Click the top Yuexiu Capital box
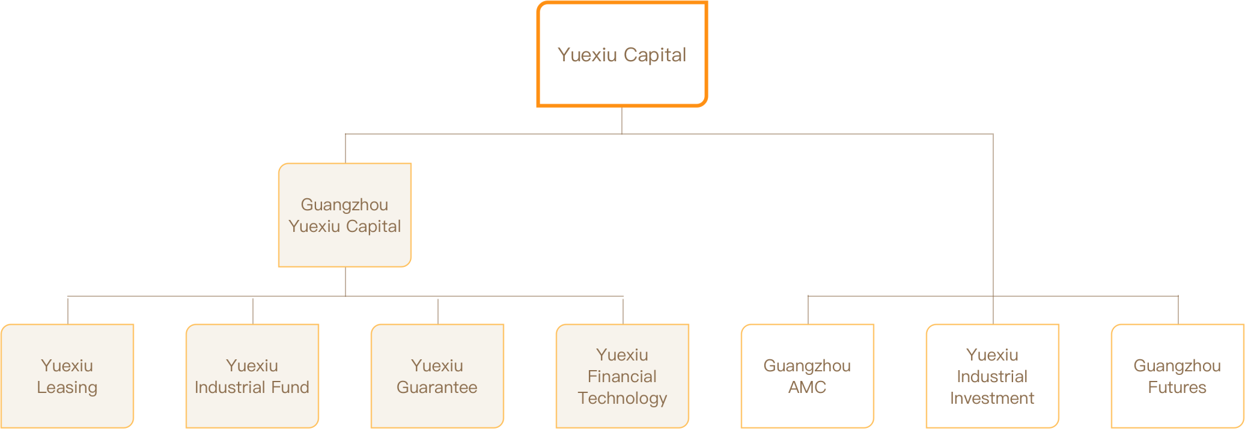622,54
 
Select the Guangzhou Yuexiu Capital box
345,215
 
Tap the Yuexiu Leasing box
67,376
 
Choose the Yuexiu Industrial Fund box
252,376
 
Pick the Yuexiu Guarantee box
437,376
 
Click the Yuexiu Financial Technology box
622,376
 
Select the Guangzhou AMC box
808,376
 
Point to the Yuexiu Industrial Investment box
993,376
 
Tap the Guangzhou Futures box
1178,376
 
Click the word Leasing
67,388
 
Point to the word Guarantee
437,388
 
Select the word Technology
622,398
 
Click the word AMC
808,388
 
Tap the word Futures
1177,388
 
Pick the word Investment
992,398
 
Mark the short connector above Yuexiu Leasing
68,310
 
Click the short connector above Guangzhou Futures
1178,310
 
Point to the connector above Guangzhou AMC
808,310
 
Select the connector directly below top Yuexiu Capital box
622,120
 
